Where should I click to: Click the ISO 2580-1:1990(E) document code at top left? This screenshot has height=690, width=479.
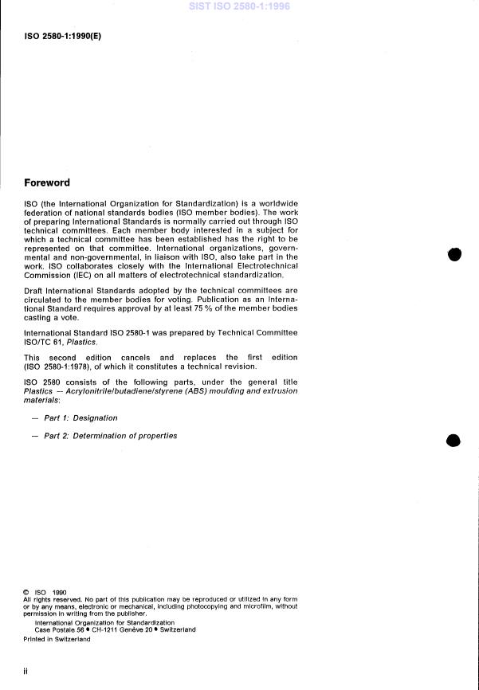pyautogui.click(x=63, y=36)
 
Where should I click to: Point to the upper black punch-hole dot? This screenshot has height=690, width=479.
pyautogui.click(x=454, y=254)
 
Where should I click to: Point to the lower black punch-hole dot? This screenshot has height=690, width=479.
pyautogui.click(x=453, y=441)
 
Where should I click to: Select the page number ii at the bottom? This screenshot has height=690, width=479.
pyautogui.click(x=26, y=671)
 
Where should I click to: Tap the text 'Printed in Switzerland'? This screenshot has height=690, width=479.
pyautogui.click(x=57, y=639)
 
